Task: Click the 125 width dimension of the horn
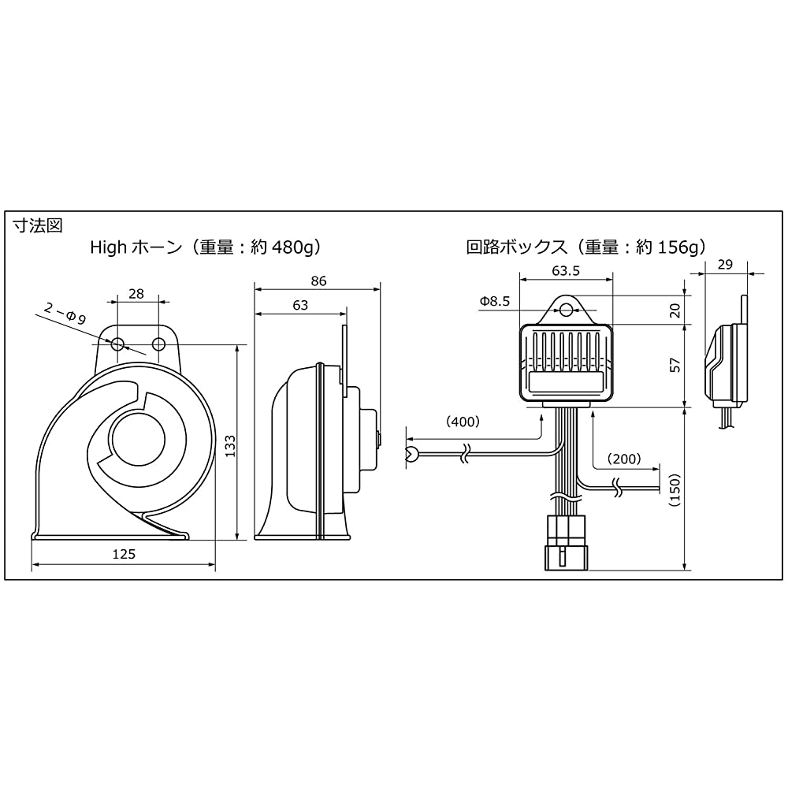click(124, 554)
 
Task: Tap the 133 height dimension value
click(229, 446)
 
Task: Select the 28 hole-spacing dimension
click(136, 293)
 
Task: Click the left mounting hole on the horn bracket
click(118, 345)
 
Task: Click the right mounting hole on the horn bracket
click(159, 345)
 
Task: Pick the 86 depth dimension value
click(318, 281)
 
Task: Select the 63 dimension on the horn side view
click(300, 305)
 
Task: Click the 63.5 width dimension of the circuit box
click(566, 271)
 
